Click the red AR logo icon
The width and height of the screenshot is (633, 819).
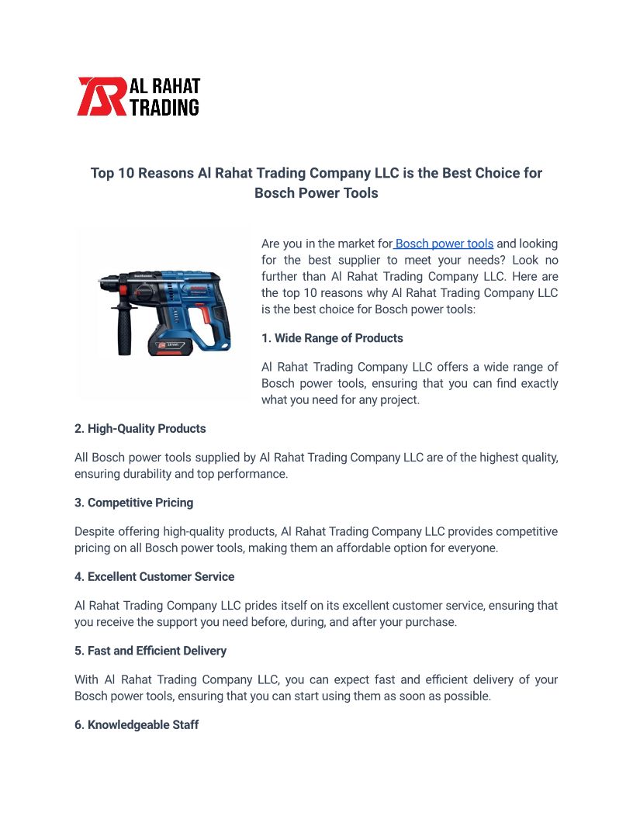click(x=101, y=97)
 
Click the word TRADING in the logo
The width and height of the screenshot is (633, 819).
click(x=164, y=107)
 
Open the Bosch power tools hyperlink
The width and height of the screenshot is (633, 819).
click(x=444, y=244)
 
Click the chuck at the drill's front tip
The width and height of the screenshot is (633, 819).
click(x=106, y=285)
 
